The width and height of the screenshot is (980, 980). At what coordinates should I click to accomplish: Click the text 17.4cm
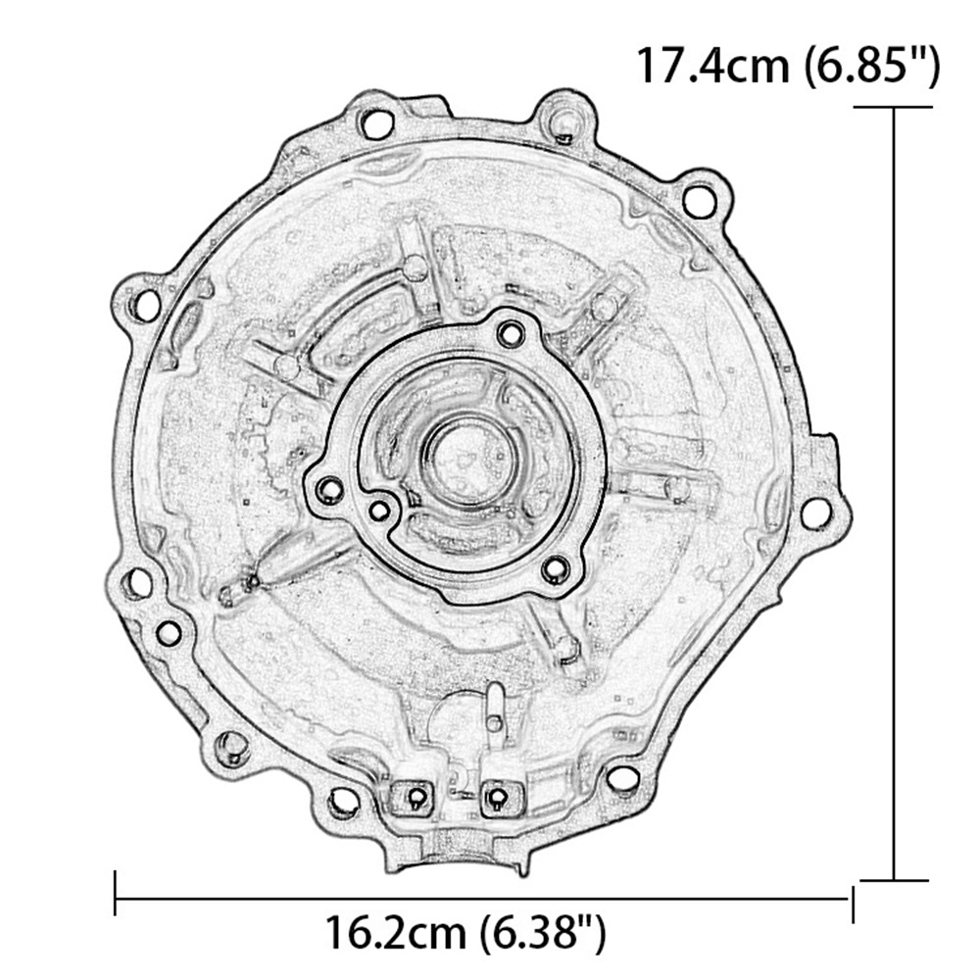point(712,66)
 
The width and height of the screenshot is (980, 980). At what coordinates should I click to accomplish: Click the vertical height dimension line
point(894,494)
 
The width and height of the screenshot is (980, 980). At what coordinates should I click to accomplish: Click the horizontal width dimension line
point(484,900)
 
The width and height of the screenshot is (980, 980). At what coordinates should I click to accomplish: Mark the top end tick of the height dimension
point(894,108)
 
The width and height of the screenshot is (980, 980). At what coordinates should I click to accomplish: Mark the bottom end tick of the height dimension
point(894,880)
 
